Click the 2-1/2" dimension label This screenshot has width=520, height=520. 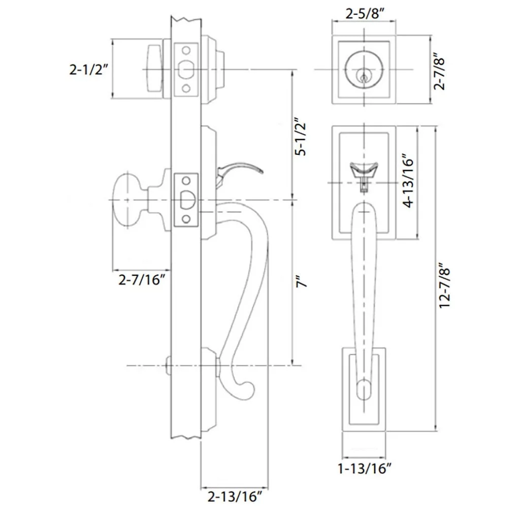point(89,70)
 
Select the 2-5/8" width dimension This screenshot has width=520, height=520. point(364,14)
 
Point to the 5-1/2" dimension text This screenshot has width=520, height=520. point(301,137)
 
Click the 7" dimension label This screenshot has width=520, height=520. point(303,282)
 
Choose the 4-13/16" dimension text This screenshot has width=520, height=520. point(407,181)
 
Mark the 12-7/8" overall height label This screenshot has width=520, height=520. point(446,285)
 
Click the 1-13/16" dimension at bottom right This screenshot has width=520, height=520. point(365,468)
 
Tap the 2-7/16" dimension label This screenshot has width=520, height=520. point(142,279)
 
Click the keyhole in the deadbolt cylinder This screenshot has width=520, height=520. point(364,77)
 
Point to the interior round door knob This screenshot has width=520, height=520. point(128,201)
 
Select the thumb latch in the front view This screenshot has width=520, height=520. point(364,169)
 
